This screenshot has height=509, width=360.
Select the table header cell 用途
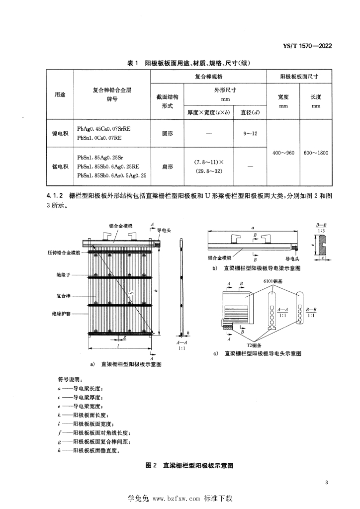coord(59,94)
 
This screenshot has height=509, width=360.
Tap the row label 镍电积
coord(59,133)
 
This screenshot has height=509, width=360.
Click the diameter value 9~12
coord(250,133)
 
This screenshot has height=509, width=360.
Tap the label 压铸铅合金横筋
coord(64,253)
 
